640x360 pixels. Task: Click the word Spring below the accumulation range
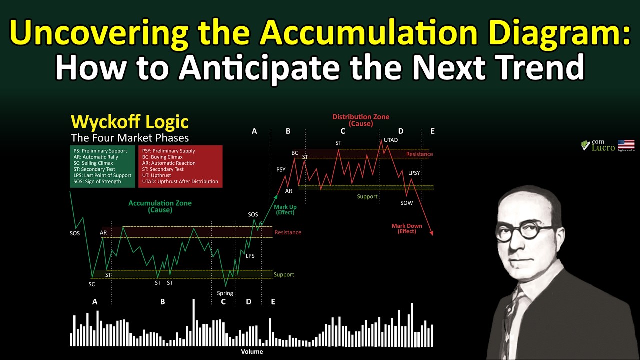[225, 293]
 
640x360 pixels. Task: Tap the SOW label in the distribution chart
[406, 203]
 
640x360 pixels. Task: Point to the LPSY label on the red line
[414, 173]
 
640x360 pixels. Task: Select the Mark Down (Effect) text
[406, 228]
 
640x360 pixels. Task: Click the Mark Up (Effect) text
[285, 210]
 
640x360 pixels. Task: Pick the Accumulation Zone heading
[160, 206]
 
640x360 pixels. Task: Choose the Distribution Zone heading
[360, 120]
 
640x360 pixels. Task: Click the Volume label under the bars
[252, 351]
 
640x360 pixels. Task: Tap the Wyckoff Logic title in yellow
[129, 122]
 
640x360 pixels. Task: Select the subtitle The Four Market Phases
[129, 138]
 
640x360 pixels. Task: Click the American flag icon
[626, 145]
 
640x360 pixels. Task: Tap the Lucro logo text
[603, 148]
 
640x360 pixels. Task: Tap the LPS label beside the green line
[250, 256]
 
